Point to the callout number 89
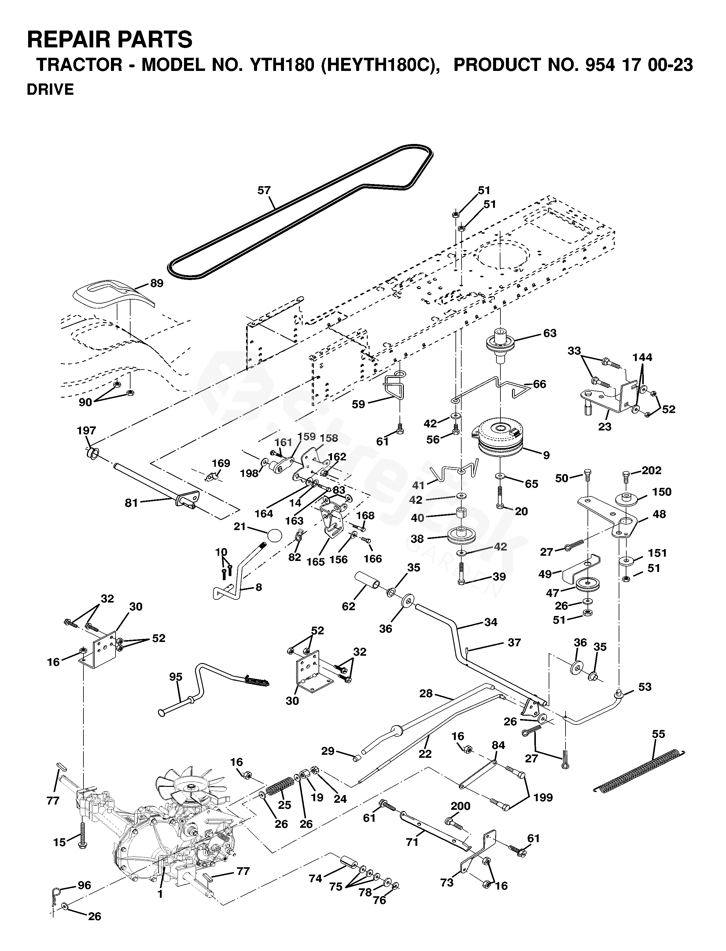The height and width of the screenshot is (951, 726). (x=157, y=283)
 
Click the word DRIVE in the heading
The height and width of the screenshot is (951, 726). (x=50, y=90)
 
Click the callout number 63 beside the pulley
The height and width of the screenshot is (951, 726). (x=550, y=333)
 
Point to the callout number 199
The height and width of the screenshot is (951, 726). (x=543, y=798)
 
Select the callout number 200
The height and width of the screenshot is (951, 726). (x=461, y=806)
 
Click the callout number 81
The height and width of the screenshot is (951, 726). (x=131, y=503)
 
